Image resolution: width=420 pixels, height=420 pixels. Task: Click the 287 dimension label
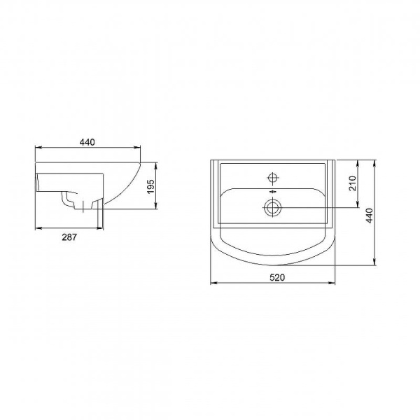pos(69,238)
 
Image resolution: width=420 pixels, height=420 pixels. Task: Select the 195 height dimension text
pos(150,187)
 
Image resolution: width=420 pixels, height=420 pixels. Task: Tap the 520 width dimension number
pos(276,278)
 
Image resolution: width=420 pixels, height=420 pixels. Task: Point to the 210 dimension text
pos(353,183)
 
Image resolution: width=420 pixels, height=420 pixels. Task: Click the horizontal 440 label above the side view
pos(87,142)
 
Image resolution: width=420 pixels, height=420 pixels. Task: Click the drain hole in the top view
pos(272,206)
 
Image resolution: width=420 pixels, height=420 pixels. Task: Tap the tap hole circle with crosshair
pos(272,176)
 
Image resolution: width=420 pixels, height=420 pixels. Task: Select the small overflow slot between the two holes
pos(272,190)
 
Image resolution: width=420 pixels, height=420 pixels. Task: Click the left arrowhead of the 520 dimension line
pos(213,283)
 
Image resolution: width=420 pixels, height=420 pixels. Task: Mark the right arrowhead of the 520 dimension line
pos(334,283)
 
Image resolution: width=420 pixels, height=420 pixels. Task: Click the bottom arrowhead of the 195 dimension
pos(155,207)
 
